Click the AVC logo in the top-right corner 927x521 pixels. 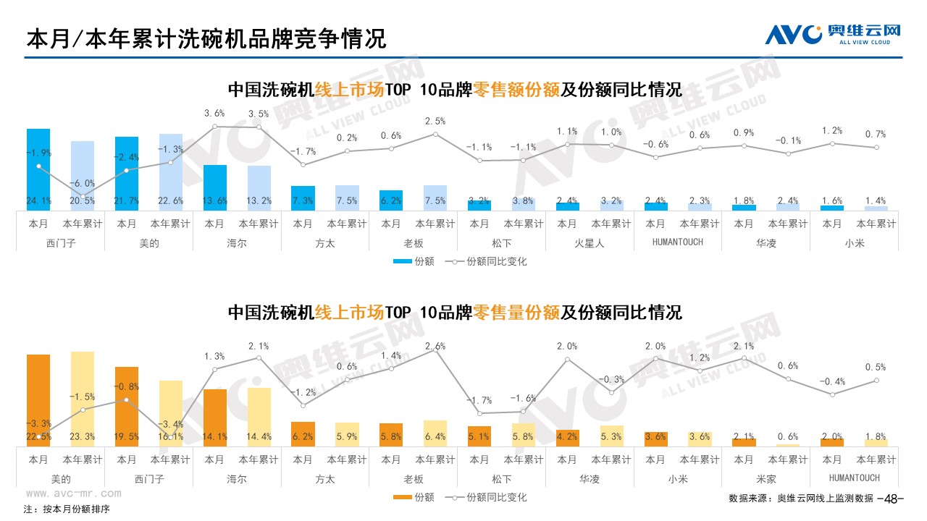832,33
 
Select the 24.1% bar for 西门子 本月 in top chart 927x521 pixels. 38,170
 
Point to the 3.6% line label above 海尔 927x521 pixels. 214,113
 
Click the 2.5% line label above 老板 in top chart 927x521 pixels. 435,121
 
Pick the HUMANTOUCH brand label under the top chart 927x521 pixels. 677,242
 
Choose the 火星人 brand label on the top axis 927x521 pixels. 589,243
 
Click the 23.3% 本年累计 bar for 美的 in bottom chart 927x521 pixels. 83,399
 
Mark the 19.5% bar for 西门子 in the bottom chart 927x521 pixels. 127,406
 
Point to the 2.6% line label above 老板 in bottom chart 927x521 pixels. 435,345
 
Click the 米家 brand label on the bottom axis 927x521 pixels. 765,478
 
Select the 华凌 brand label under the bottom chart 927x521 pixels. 589,478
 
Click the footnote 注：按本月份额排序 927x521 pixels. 67,509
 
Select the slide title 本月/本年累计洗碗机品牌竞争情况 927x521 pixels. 206,38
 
